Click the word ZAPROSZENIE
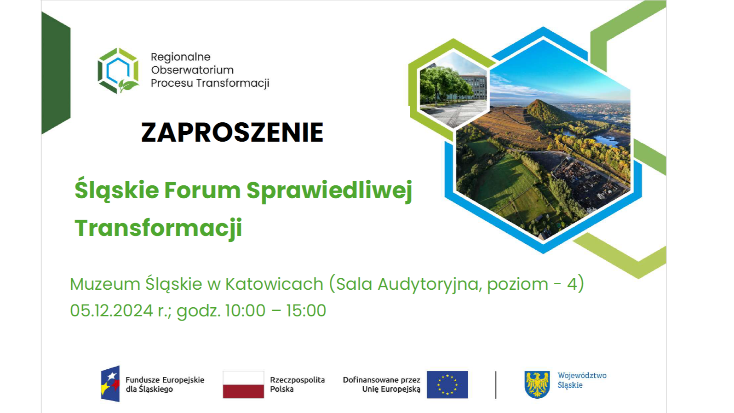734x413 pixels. pos(232,132)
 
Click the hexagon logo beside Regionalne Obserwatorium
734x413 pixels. pos(118,70)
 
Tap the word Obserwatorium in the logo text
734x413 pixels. pos(192,70)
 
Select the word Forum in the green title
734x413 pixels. pos(202,190)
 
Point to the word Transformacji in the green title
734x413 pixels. pos(158,228)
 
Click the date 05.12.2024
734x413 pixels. pos(111,311)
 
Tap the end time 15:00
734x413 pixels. pos(306,311)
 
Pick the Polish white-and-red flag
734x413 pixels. pos(243,384)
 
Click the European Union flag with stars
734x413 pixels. pos(447,384)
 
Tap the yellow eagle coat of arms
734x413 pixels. pos(537,384)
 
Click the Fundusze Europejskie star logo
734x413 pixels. pos(110,384)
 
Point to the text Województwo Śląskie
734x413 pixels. pos(582,380)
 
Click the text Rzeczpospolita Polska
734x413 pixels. pos(297,384)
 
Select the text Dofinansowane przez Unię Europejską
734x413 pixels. pos(382,384)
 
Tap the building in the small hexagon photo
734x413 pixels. pos(474,86)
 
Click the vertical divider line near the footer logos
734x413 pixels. pos(496,384)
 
